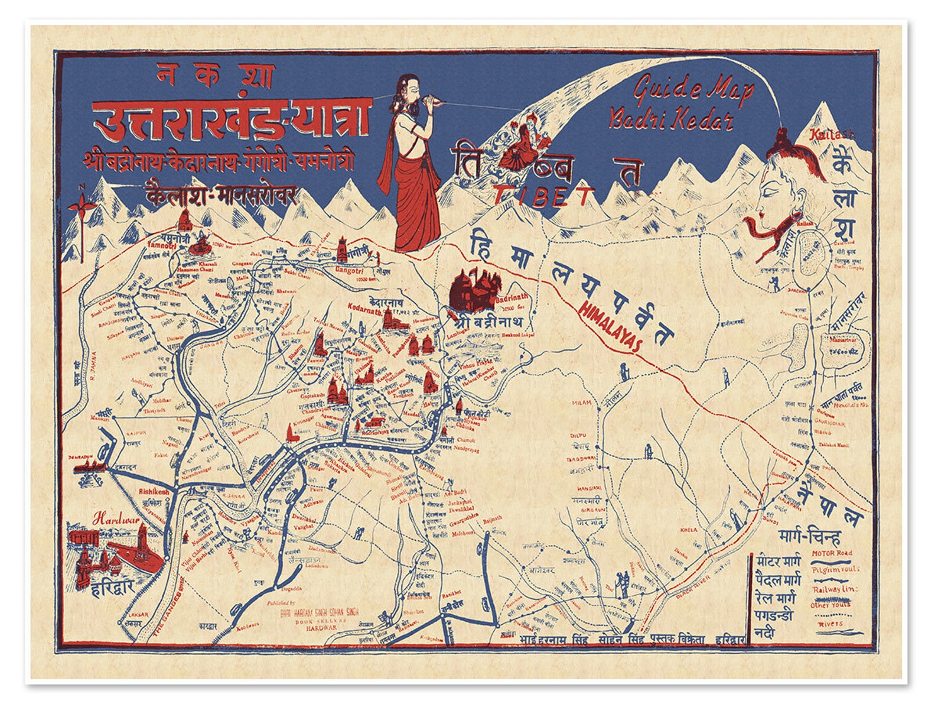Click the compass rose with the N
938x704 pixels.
pyautogui.click(x=82, y=206)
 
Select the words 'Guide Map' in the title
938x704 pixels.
pyautogui.click(x=693, y=90)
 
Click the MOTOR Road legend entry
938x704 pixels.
pyautogui.click(x=831, y=554)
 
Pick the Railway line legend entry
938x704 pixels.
pyautogui.click(x=833, y=589)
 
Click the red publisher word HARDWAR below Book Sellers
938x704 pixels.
pyautogui.click(x=321, y=630)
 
